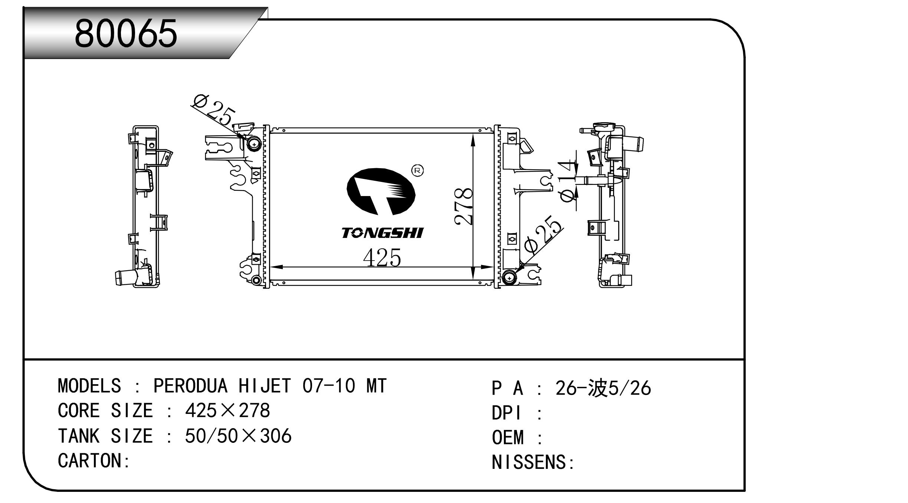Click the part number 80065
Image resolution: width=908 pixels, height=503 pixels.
(126, 34)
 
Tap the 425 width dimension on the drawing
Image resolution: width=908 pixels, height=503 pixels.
(382, 258)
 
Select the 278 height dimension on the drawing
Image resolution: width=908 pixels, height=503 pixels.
(463, 206)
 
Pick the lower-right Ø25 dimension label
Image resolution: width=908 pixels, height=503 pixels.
(543, 235)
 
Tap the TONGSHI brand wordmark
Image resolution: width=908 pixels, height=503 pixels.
(382, 233)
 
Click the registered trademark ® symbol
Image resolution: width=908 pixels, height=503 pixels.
(417, 170)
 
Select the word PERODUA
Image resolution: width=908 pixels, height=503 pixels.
(190, 386)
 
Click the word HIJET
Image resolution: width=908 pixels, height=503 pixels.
(265, 386)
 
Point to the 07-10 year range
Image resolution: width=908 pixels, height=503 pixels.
(329, 386)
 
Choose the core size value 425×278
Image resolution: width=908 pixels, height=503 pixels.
(227, 411)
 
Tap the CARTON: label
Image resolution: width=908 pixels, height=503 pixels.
(94, 461)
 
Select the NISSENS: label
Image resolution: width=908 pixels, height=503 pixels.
(533, 463)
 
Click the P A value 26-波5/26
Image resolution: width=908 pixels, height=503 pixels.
(603, 388)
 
